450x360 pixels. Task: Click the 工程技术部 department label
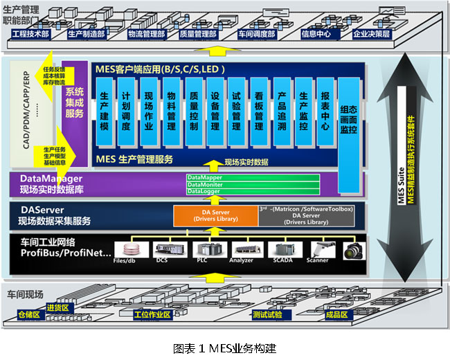[x=35, y=33]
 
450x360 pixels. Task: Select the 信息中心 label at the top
[x=318, y=33]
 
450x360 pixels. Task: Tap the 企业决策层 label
[x=371, y=33]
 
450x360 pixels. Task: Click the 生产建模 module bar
[x=104, y=111]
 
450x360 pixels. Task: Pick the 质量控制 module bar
[x=193, y=111]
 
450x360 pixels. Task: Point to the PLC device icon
[x=202, y=250]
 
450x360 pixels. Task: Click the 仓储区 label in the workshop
[x=29, y=315]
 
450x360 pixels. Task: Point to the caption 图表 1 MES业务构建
[x=224, y=348]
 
